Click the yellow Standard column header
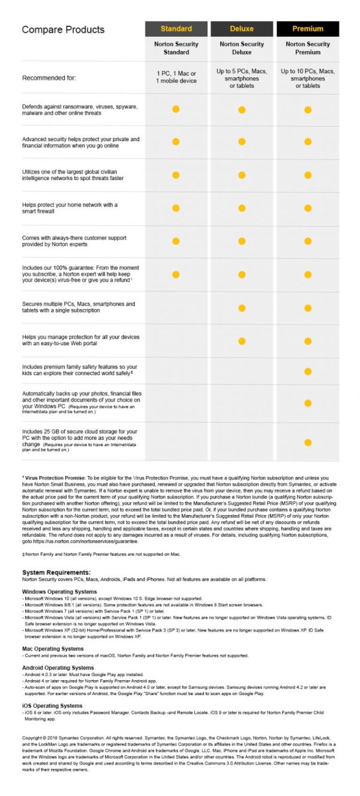click(176, 29)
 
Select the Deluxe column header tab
click(242, 29)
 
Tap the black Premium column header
click(307, 29)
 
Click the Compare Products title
click(63, 29)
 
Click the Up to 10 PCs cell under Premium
click(307, 78)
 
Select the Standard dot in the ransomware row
click(176, 109)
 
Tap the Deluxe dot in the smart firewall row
click(242, 208)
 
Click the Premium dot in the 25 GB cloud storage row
click(308, 442)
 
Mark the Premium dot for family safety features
click(308, 372)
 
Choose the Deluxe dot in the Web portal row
click(242, 341)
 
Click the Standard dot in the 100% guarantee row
click(176, 274)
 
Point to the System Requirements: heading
click(56, 573)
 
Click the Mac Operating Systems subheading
click(53, 649)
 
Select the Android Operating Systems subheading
click(58, 668)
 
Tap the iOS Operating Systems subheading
click(52, 706)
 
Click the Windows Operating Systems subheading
click(59, 592)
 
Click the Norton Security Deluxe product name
click(242, 48)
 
